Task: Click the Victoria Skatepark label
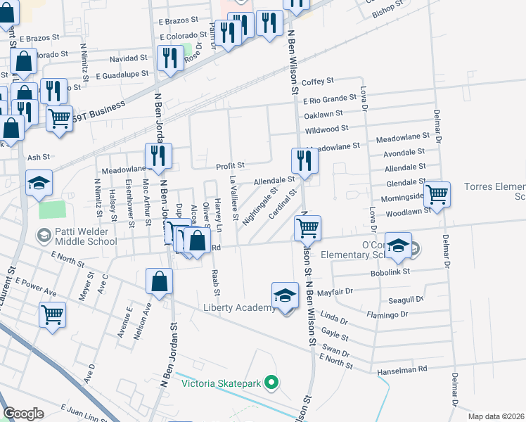(x=221, y=383)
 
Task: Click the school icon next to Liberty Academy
(x=285, y=296)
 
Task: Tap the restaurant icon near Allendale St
(x=304, y=161)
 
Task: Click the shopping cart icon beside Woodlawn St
(x=437, y=194)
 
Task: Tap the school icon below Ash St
(x=39, y=184)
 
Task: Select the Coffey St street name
(x=317, y=82)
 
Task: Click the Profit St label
(x=230, y=165)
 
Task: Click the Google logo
(x=23, y=414)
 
